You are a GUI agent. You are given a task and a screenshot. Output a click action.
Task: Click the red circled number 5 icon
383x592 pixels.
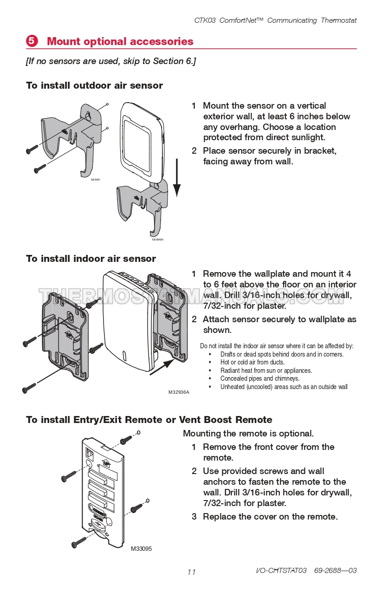click(x=32, y=41)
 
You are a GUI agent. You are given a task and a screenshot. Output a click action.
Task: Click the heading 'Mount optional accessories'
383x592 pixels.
click(x=120, y=41)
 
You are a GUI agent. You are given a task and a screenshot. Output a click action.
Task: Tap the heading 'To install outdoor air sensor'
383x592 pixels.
click(x=94, y=85)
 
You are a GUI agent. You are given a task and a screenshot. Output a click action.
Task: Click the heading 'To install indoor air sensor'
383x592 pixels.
click(x=91, y=259)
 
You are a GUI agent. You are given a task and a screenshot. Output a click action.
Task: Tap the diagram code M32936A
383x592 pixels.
click(x=179, y=392)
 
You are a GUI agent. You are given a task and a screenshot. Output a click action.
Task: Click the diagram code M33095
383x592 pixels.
click(x=141, y=548)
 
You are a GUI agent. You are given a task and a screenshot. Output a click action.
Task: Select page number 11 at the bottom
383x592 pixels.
click(x=191, y=572)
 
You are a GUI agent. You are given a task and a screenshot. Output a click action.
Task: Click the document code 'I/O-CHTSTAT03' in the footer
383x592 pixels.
click(x=281, y=570)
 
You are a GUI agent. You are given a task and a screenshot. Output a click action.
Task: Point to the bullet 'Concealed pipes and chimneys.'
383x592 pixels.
click(x=260, y=378)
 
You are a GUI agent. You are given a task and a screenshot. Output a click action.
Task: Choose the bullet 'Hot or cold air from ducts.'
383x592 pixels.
click(x=252, y=362)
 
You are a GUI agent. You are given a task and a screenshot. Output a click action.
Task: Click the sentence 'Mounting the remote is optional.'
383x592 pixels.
click(x=248, y=434)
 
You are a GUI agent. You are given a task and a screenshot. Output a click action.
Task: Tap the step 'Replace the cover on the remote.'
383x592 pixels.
click(x=270, y=517)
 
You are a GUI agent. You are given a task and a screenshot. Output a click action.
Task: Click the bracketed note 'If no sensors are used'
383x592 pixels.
click(x=110, y=61)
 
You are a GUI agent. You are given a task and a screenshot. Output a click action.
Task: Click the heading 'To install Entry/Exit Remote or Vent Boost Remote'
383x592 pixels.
click(x=149, y=420)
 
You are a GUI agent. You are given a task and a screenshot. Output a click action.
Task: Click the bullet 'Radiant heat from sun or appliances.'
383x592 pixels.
click(x=266, y=371)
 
